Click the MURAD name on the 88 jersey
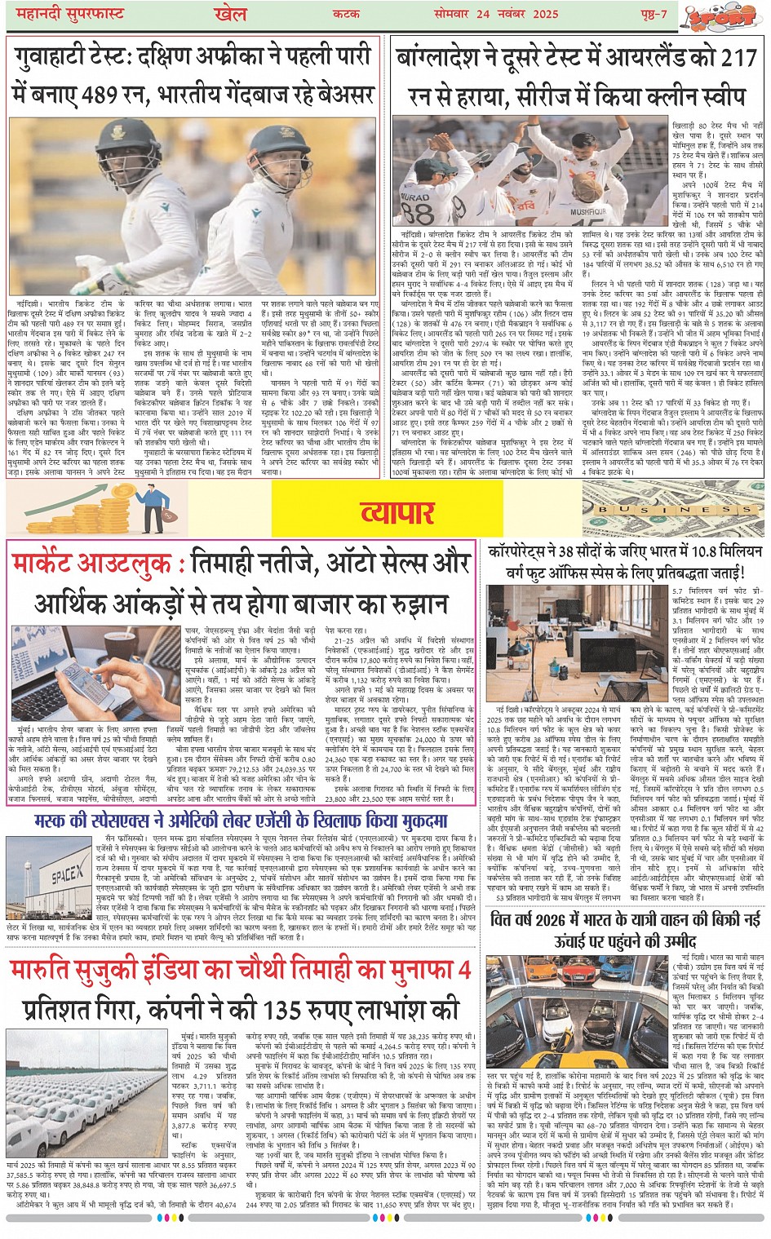[x=415, y=199]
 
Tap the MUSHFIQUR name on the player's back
[x=588, y=211]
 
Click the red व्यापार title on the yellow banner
[x=397, y=512]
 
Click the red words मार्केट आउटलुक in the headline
[x=91, y=564]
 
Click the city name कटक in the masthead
[x=347, y=14]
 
